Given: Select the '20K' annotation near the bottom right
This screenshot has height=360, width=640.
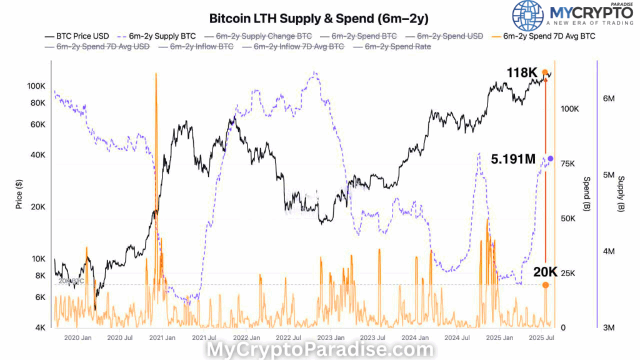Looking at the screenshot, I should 545,271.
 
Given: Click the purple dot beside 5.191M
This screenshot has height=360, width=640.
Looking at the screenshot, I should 550,159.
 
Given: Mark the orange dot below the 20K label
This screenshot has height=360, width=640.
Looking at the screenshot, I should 546,285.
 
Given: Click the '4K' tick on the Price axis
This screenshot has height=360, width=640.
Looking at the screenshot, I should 40,328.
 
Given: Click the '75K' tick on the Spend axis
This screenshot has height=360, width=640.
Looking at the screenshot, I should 567,164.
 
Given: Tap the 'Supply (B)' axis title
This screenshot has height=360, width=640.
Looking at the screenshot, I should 621,194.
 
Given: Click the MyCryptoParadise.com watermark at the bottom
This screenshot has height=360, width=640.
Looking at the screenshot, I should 320,350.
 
